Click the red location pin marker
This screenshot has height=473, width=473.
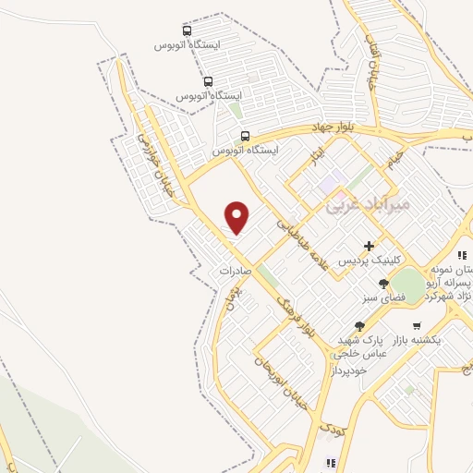237,216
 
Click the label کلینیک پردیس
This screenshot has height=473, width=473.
369,261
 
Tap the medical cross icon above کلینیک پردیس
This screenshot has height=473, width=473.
370,247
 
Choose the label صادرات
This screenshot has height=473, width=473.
236,272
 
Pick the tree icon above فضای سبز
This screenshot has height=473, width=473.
383,284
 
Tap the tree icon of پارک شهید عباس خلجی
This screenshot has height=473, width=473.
358,326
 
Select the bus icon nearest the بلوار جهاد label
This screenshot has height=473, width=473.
244,136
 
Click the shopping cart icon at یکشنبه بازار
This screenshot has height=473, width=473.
417,326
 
